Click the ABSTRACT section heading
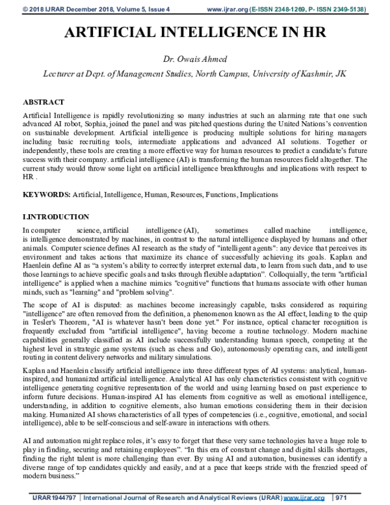coord(44,103)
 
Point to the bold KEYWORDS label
coord(46,195)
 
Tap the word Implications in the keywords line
coord(259,195)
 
